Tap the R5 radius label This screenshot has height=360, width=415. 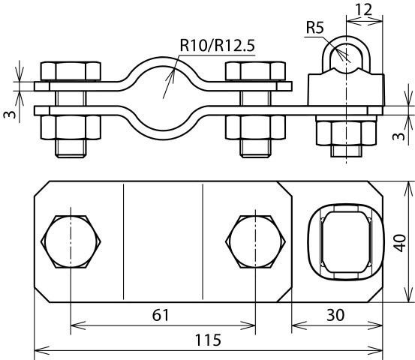pos(314,28)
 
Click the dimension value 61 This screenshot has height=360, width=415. pos(161,316)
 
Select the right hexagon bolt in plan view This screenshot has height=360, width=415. pos(257,242)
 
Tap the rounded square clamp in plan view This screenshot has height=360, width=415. pos(341,241)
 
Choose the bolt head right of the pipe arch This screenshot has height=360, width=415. pos(256,72)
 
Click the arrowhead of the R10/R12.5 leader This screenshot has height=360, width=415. pos(173,71)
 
